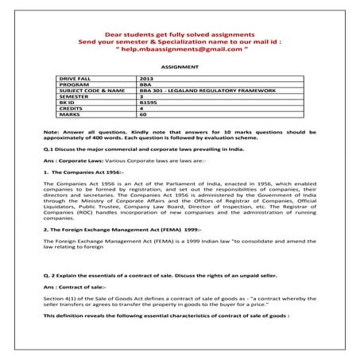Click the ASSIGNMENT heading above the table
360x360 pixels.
[x=180, y=69]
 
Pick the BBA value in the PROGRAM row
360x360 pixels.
[x=145, y=86]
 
